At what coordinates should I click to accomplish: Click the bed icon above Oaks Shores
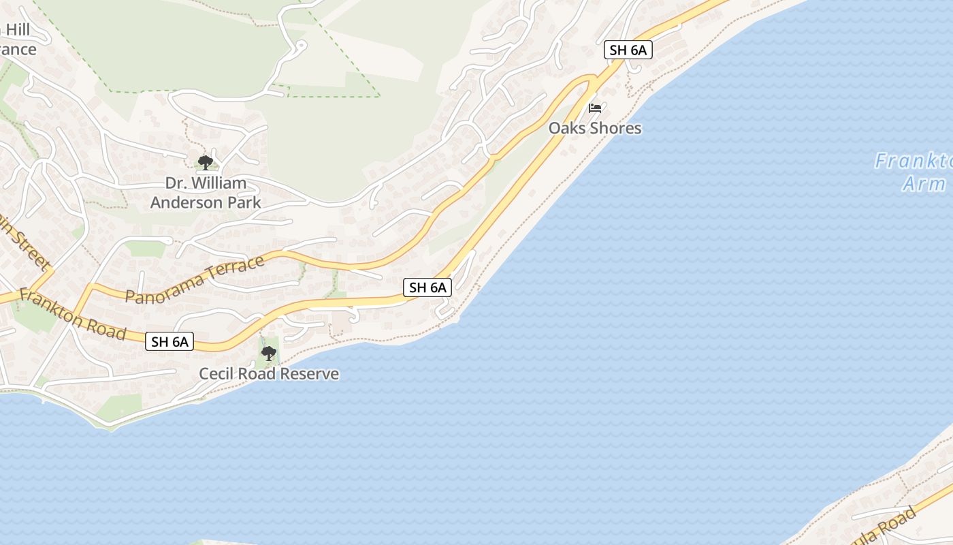point(595,108)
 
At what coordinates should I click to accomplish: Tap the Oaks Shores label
point(595,128)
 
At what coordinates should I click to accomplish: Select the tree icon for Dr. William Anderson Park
point(205,162)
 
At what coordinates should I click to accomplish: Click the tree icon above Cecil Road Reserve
point(269,354)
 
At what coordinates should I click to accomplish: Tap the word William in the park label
point(219,183)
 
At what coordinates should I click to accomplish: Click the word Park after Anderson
point(245,202)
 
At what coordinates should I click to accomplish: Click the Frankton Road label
point(72,314)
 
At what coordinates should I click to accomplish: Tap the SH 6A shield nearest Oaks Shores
point(628,50)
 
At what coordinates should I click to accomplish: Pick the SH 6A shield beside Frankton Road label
point(169,341)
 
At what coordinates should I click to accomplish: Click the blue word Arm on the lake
point(924,184)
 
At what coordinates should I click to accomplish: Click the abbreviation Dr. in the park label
point(176,183)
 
